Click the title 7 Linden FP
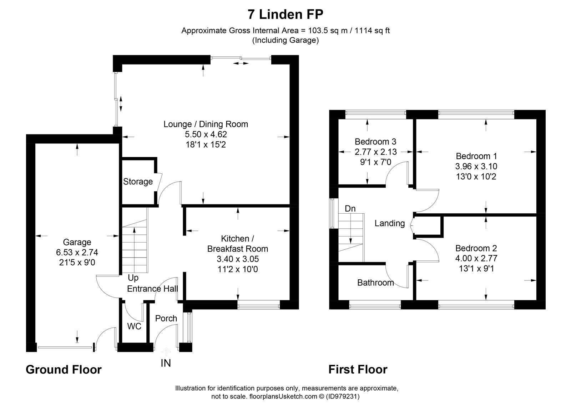(285, 15)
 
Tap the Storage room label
(138, 182)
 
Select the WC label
(134, 326)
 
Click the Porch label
(166, 319)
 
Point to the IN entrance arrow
(166, 351)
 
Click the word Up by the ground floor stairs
(133, 278)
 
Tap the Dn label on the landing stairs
(350, 209)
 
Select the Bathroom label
(375, 283)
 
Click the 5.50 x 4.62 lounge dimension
(206, 134)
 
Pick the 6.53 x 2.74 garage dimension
(77, 253)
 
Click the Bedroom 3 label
(375, 142)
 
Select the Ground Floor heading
(64, 370)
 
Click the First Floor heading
(358, 370)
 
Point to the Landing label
(389, 223)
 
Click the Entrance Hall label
(152, 289)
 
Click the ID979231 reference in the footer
(342, 396)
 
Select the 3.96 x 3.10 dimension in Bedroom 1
(476, 166)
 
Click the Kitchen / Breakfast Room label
(237, 244)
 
